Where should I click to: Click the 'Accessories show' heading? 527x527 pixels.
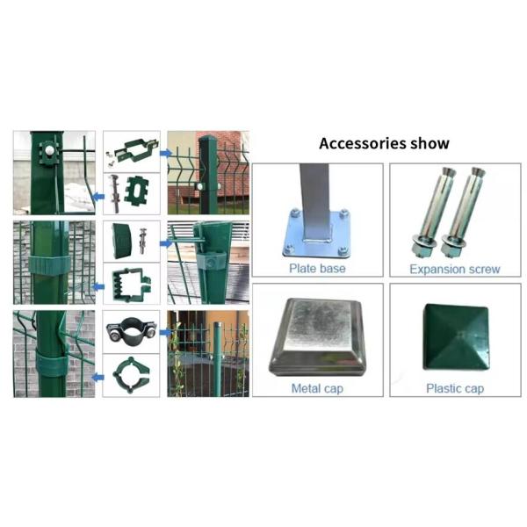(384, 143)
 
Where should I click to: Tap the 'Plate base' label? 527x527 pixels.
(317, 269)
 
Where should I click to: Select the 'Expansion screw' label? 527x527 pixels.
(455, 270)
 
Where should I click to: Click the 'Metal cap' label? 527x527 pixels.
(317, 388)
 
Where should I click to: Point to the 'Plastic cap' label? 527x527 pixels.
(455, 388)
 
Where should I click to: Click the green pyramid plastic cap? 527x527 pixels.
(455, 337)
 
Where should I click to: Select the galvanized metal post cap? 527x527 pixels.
(318, 337)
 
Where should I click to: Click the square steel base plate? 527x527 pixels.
(317, 235)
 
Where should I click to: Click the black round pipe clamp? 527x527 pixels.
(132, 331)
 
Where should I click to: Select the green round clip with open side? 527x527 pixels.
(131, 375)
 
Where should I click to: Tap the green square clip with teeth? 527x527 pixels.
(133, 285)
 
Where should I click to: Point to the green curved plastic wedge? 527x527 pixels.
(119, 242)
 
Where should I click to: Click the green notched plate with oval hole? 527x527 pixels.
(136, 191)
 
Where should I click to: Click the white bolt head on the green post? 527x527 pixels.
(49, 151)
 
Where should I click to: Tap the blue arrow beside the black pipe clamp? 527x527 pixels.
(166, 332)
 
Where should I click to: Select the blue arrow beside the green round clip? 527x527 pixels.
(97, 378)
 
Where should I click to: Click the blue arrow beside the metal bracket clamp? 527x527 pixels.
(166, 154)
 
